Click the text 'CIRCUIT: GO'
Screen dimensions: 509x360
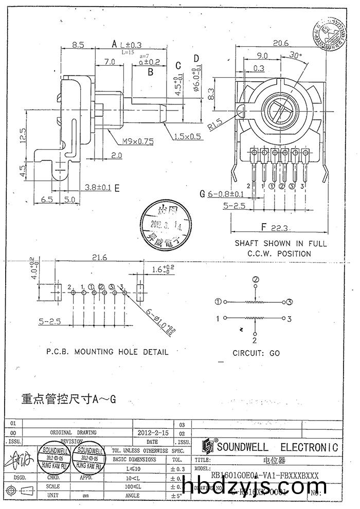256,353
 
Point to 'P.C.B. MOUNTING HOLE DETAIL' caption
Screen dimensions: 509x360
107,352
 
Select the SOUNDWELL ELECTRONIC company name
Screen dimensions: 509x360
277,447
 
